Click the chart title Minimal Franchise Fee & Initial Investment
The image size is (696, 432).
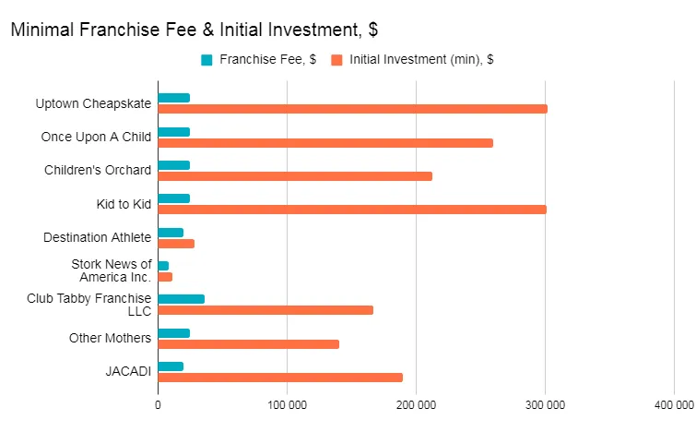click(x=194, y=30)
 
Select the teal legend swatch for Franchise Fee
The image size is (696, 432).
click(x=206, y=60)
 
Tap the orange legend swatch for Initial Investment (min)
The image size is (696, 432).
click(x=337, y=60)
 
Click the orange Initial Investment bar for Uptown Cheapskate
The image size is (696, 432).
click(x=352, y=109)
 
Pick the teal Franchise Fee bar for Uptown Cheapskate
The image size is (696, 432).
click(x=173, y=97)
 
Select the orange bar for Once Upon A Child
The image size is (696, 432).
click(x=325, y=143)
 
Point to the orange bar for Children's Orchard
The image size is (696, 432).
click(x=295, y=176)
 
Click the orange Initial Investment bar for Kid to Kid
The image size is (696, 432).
click(x=352, y=210)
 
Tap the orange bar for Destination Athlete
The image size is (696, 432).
click(x=176, y=244)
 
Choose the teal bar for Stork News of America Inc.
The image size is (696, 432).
click(x=163, y=266)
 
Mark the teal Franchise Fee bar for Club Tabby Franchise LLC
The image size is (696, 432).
click(x=181, y=299)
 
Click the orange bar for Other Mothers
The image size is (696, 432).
click(x=248, y=344)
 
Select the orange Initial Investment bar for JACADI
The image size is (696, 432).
click(x=280, y=378)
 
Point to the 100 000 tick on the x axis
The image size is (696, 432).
click(x=287, y=404)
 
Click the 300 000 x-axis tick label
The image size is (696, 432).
click(x=545, y=404)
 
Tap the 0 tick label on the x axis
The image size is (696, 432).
click(x=158, y=404)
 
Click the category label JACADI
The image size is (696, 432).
click(x=128, y=372)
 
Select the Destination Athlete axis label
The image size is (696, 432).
click(x=97, y=237)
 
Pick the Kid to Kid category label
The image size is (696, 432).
click(x=124, y=204)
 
